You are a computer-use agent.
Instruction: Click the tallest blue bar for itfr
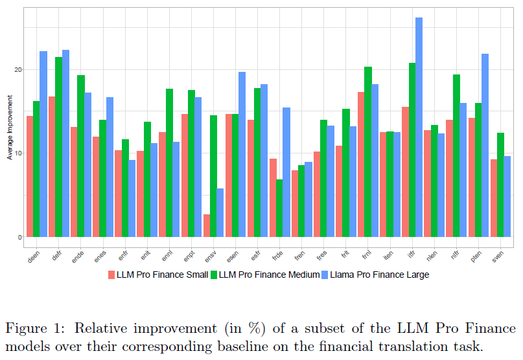click(419, 127)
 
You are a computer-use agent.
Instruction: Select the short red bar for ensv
click(207, 226)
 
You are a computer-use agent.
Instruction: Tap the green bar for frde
click(279, 208)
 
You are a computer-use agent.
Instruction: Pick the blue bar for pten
click(485, 145)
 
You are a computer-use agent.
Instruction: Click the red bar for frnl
click(361, 164)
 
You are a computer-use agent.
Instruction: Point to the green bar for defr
click(59, 147)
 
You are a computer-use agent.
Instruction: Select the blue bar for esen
click(242, 154)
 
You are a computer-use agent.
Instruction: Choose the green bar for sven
click(500, 185)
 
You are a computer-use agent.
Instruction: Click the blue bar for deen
click(43, 144)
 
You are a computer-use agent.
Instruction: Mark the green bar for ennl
click(169, 163)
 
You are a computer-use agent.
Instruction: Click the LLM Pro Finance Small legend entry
click(158, 275)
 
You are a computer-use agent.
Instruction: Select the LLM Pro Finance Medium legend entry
click(265, 275)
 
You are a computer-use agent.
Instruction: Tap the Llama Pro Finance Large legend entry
click(375, 275)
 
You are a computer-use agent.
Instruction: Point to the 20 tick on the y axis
click(18, 70)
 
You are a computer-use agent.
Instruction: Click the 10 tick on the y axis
click(18, 153)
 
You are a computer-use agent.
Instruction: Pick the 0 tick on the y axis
click(19, 238)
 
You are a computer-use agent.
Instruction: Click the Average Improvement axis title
click(10, 128)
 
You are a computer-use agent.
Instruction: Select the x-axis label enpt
click(189, 256)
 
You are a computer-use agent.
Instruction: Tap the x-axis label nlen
click(432, 256)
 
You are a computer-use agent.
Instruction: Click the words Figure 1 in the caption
click(34, 329)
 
